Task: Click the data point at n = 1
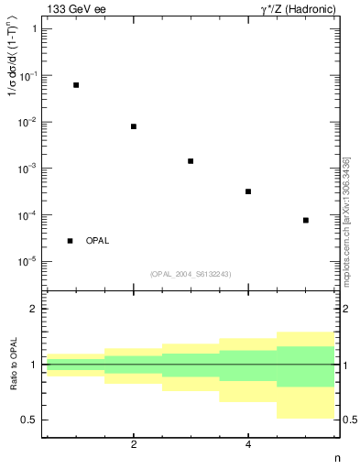click(76, 84)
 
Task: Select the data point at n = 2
click(134, 126)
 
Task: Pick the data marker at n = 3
click(191, 161)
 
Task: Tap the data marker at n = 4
click(248, 191)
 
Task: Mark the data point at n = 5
click(306, 220)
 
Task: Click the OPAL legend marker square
click(70, 241)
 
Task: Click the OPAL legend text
click(97, 241)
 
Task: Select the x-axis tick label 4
click(248, 444)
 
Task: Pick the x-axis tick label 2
click(134, 444)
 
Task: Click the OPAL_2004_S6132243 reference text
click(191, 274)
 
